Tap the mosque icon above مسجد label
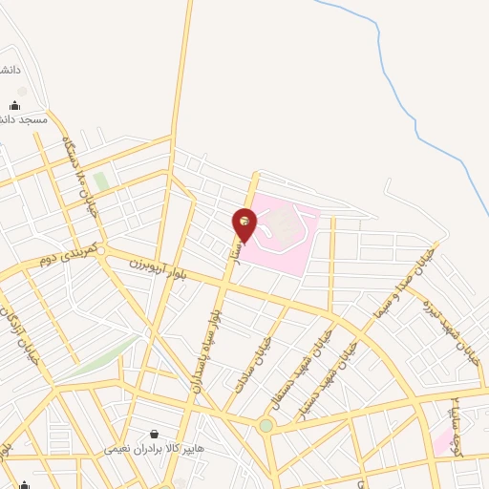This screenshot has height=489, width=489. (x=14, y=105)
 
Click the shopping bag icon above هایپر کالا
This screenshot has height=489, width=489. (x=153, y=434)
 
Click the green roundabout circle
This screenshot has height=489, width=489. (x=266, y=425)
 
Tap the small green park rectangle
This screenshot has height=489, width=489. (x=100, y=181)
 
